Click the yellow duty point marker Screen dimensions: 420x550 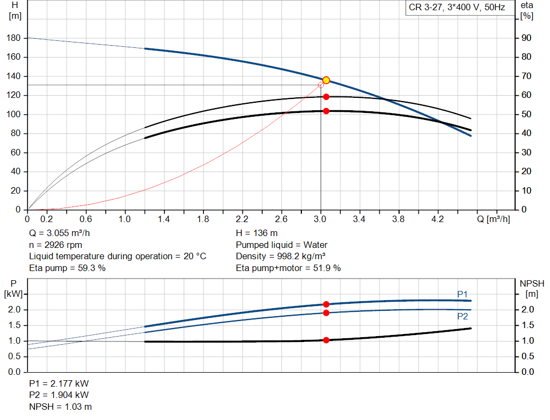326,80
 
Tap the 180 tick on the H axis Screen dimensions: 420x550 15,38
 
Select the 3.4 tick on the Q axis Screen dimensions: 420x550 359,219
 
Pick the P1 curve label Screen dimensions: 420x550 462,294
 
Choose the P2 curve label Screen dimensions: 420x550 462,317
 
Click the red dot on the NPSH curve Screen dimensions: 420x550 326,340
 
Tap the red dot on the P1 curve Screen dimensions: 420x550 326,304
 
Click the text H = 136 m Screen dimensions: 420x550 257,233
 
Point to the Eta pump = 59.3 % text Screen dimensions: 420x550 67,268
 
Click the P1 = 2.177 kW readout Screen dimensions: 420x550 59,384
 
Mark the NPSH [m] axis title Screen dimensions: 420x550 532,288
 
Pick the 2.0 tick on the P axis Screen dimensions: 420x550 15,310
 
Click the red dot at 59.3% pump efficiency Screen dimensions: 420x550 326,97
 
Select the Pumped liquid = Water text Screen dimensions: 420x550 281,245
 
